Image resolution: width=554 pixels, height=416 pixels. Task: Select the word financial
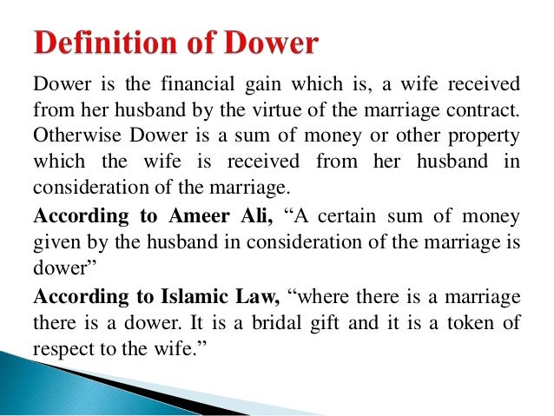point(191,84)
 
